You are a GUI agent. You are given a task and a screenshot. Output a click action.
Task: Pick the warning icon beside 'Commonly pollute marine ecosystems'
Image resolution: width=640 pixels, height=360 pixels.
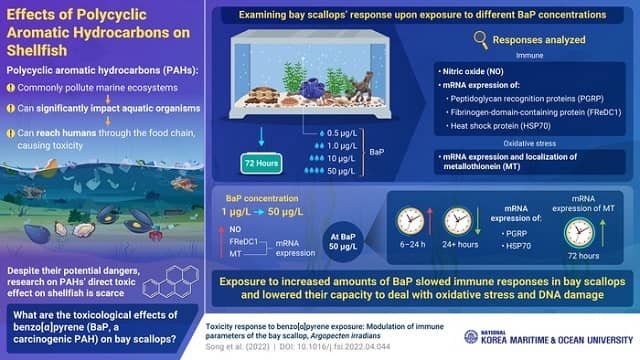point(12,87)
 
